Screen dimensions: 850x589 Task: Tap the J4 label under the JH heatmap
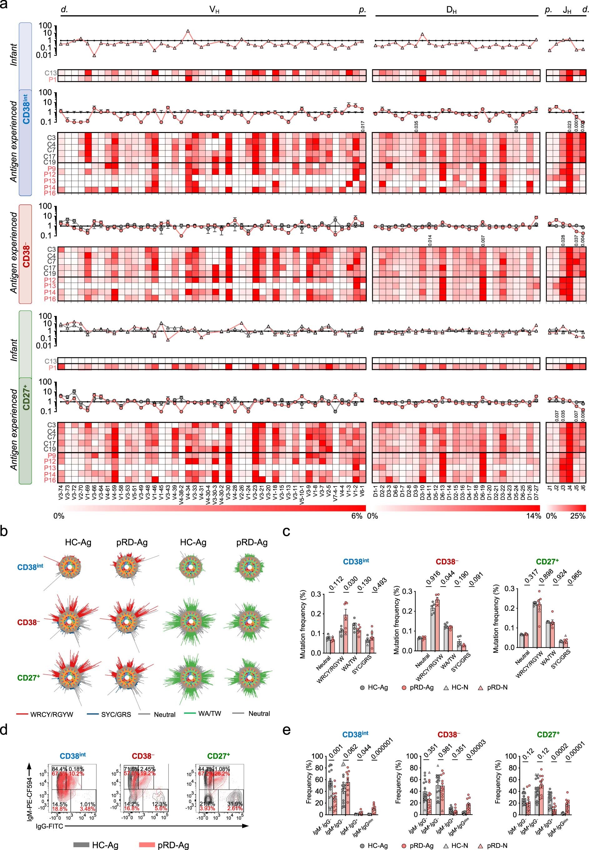tap(569, 488)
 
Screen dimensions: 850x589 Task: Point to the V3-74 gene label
tap(61, 492)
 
